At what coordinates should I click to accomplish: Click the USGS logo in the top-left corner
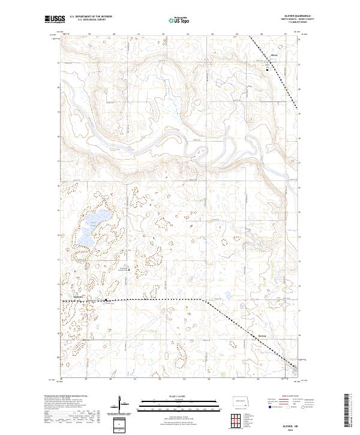(x=55, y=20)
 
